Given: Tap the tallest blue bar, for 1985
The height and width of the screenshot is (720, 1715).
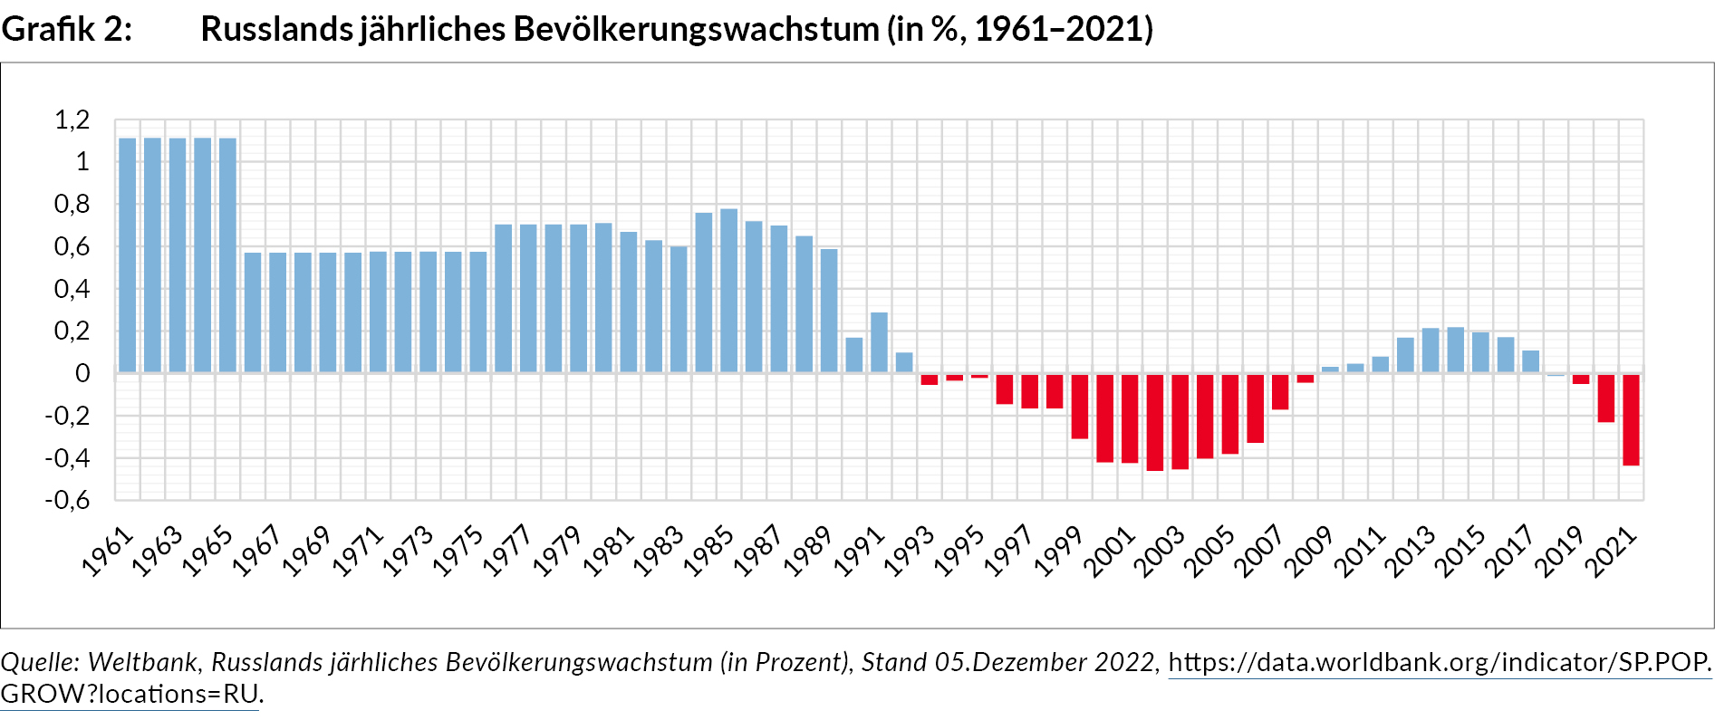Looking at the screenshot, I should (728, 291).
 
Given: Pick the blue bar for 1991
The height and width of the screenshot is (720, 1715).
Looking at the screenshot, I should (879, 342).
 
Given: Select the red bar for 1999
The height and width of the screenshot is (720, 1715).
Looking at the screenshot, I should (1080, 407).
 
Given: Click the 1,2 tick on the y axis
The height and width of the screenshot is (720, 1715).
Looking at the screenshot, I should (72, 120).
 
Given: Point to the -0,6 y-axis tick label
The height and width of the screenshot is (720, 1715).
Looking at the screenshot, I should (68, 500).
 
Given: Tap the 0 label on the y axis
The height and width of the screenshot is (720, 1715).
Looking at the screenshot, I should (82, 373).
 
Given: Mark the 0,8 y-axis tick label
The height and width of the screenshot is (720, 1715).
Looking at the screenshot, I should (72, 205).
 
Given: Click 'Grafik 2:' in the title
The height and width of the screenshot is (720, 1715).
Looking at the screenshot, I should (66, 29).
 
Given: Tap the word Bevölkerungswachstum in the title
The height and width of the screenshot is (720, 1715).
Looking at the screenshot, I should (696, 29).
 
